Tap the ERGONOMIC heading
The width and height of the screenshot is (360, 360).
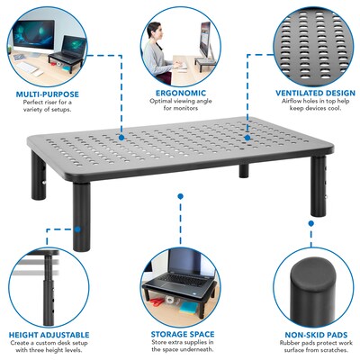tap(179, 91)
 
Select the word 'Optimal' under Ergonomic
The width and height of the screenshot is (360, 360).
tap(161, 101)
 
